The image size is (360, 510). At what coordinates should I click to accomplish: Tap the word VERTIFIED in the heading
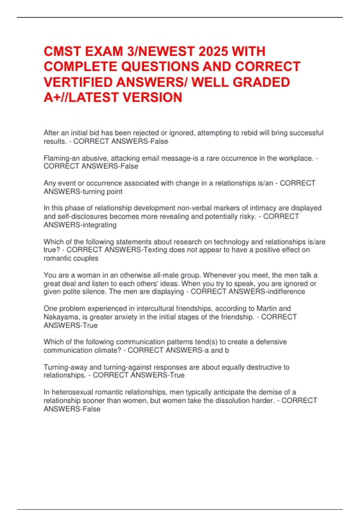pos(78,82)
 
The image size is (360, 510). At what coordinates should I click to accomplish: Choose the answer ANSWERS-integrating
pos(80,225)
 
